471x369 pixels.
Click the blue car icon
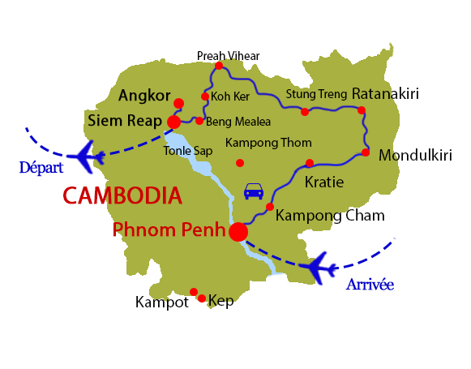tap(254, 191)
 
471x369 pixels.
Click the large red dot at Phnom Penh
tap(238, 232)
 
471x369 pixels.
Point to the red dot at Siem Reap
tap(173, 122)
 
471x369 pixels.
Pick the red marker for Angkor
tap(178, 103)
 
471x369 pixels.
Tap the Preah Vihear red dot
tap(219, 66)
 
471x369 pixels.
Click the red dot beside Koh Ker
tap(204, 97)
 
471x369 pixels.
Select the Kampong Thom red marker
tap(239, 163)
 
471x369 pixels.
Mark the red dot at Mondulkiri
tap(366, 152)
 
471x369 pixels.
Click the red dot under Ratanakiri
tap(362, 110)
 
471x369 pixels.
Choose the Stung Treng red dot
tap(305, 112)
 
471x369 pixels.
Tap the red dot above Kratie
tap(310, 163)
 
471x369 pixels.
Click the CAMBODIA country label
tap(122, 195)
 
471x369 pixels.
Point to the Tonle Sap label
tap(188, 151)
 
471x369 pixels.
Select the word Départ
tap(41, 167)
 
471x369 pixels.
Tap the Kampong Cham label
tap(330, 216)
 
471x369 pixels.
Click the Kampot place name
tap(162, 302)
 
